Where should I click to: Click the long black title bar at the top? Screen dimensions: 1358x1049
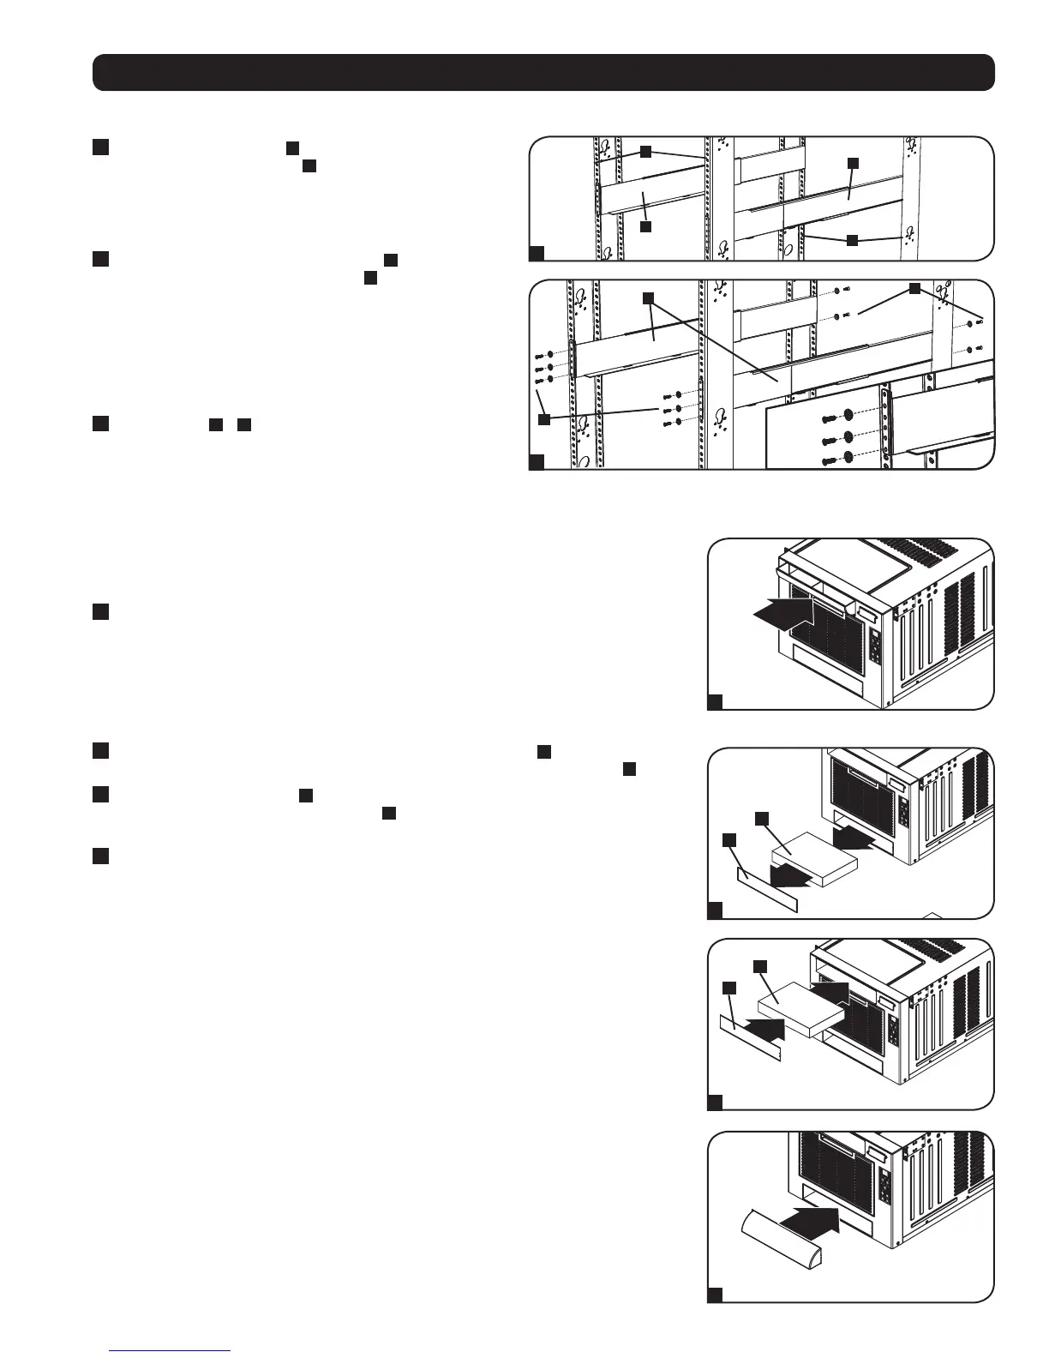click(543, 73)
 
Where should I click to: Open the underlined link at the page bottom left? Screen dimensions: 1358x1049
click(169, 1350)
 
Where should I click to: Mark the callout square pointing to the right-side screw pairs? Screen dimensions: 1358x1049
click(914, 290)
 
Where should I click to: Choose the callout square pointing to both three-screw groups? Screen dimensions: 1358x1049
click(543, 419)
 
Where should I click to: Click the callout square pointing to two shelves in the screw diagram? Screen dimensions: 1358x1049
click(649, 297)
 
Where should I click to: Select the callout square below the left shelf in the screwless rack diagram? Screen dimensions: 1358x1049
click(645, 227)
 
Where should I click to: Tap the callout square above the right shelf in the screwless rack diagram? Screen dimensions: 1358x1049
click(852, 162)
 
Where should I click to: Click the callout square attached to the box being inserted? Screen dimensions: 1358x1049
click(759, 967)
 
